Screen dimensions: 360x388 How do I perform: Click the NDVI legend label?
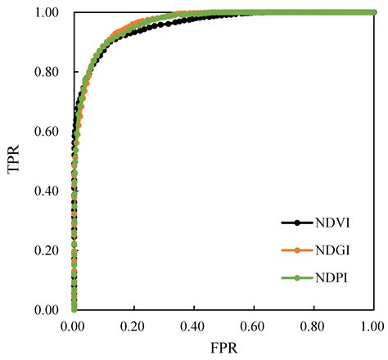tap(333, 222)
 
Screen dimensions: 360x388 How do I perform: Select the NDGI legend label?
tap(333, 250)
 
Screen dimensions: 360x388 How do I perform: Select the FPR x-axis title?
tap(222, 348)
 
